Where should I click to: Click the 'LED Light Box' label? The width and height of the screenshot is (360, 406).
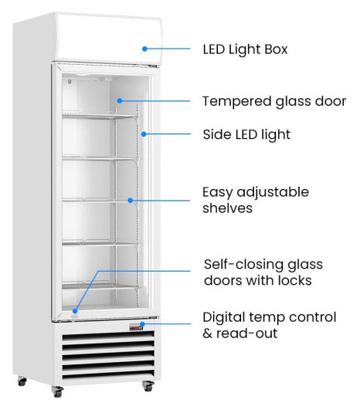(x=245, y=49)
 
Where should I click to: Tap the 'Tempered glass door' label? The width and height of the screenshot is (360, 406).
(x=274, y=101)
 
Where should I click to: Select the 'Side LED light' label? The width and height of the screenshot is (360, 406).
(x=246, y=134)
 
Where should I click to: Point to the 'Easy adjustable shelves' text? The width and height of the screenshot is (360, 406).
(x=256, y=200)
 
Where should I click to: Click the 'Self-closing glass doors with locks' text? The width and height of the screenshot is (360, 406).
(x=263, y=272)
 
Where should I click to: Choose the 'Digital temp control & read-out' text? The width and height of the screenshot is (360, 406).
(x=270, y=325)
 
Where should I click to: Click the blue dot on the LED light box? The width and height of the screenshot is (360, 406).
(x=145, y=49)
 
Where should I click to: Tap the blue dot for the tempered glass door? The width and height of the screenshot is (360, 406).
(x=120, y=100)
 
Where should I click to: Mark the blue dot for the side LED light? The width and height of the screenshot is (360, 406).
(x=144, y=134)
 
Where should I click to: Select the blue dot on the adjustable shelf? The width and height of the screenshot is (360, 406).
(x=131, y=200)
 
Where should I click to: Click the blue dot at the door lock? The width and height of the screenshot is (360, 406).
(x=75, y=311)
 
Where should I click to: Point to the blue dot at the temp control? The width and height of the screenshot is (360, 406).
(x=142, y=324)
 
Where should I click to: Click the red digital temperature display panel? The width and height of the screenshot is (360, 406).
(x=136, y=327)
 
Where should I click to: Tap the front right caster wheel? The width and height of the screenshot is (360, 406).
(x=148, y=386)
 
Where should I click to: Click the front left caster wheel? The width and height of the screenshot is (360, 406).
(x=57, y=391)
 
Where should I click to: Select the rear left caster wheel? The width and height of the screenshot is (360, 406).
(x=22, y=381)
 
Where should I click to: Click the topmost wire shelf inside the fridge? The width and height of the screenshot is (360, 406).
(x=101, y=116)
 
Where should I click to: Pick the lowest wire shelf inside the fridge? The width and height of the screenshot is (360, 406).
(x=101, y=286)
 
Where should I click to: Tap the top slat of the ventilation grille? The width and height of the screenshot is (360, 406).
(x=108, y=336)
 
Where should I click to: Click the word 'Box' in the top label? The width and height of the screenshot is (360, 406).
(x=277, y=49)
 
